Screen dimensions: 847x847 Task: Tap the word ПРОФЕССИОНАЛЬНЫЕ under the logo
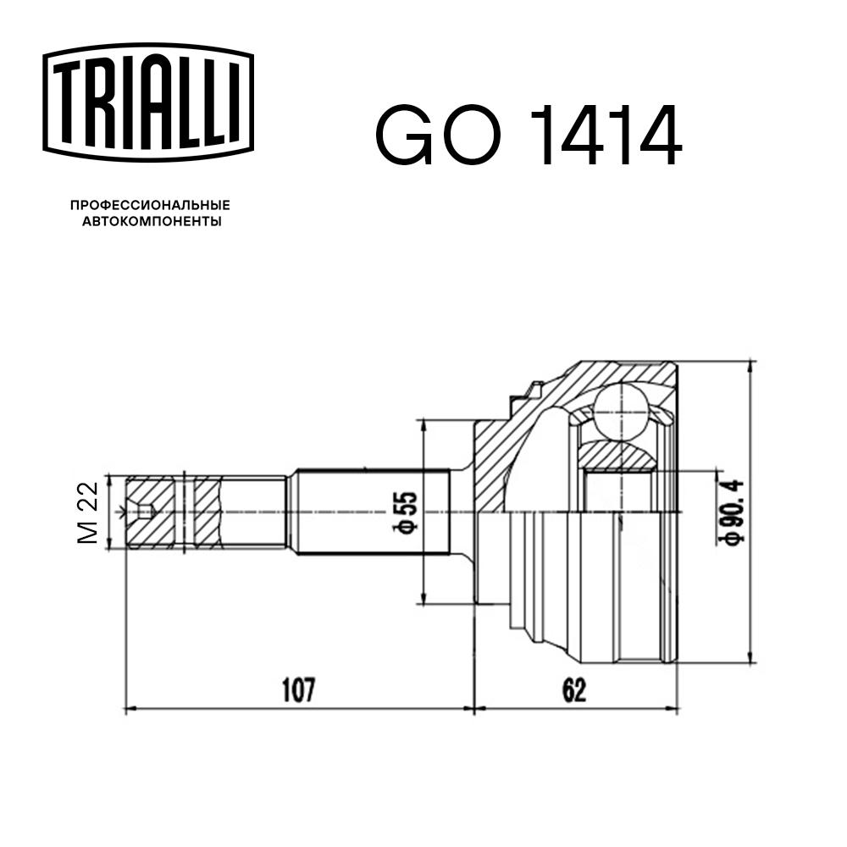coord(150,205)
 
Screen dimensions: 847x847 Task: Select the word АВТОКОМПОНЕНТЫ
coord(150,222)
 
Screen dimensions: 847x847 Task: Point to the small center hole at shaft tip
coord(145,512)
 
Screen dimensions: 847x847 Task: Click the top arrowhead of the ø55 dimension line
coord(421,423)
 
